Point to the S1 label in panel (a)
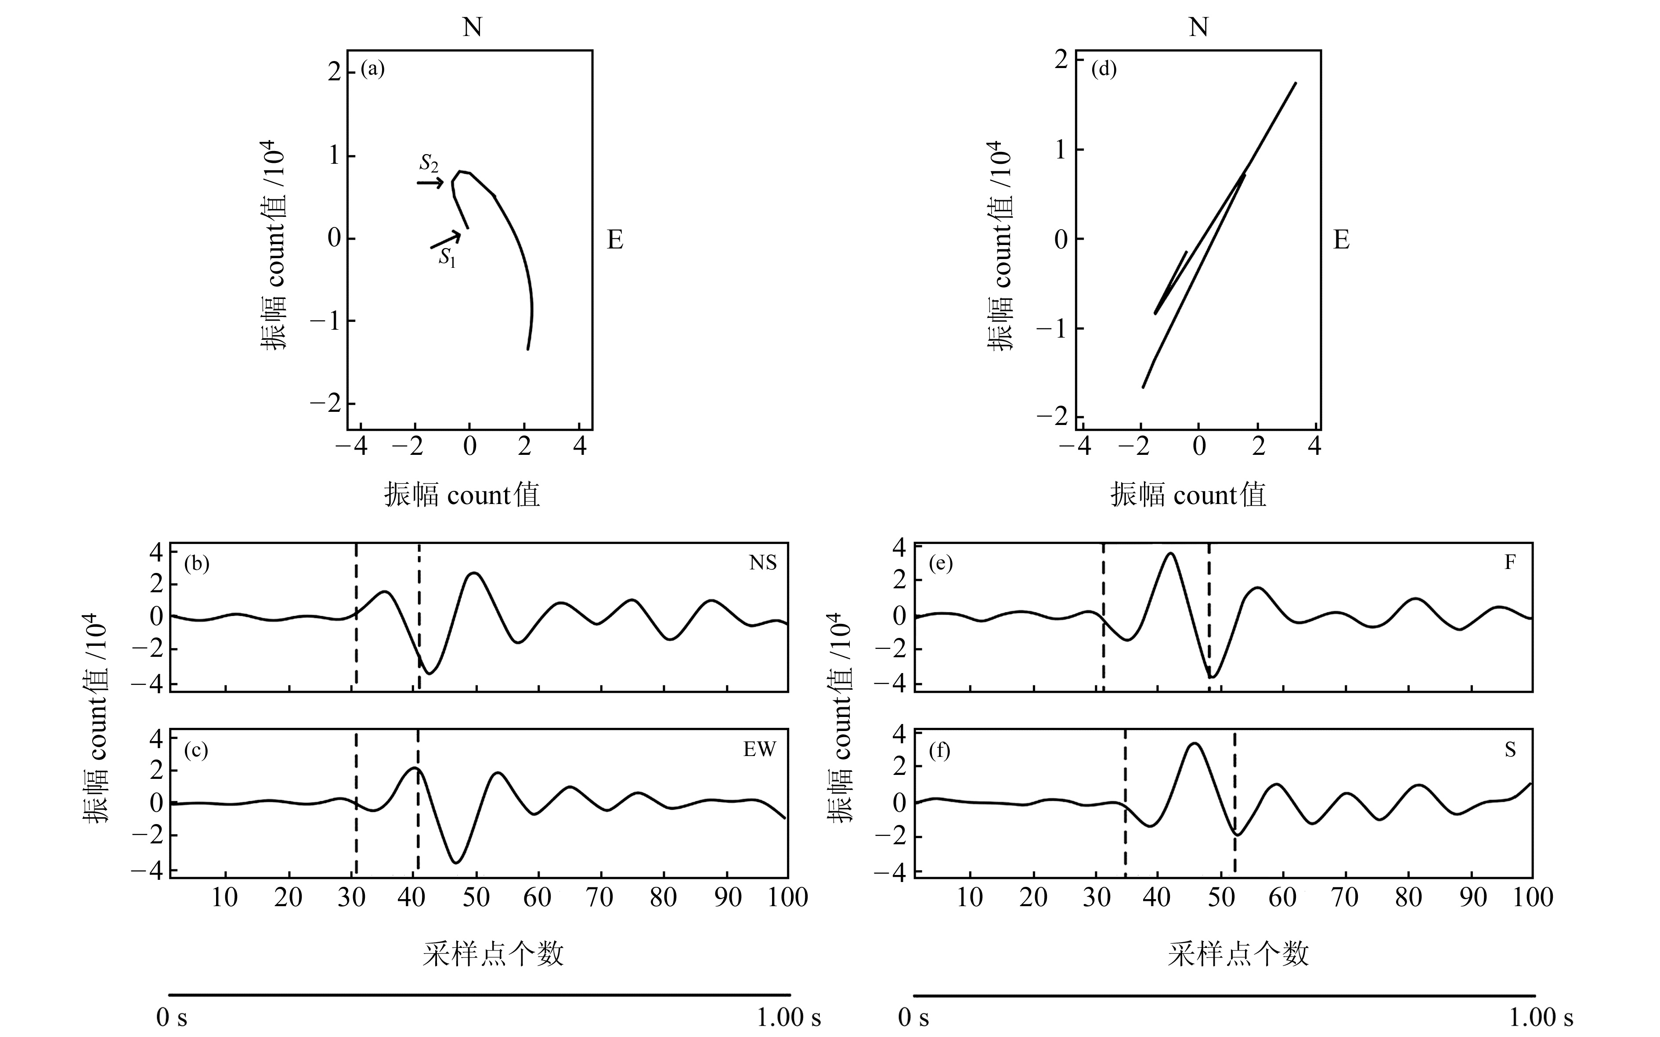pyautogui.click(x=447, y=258)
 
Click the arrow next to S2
pyautogui.click(x=430, y=183)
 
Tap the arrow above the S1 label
pyautogui.click(x=445, y=240)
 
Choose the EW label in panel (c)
pyautogui.click(x=759, y=749)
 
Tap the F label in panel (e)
pyautogui.click(x=1510, y=562)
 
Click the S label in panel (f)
pyautogui.click(x=1510, y=749)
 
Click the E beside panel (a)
pyautogui.click(x=615, y=240)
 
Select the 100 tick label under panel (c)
pyautogui.click(x=787, y=897)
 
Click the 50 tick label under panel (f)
pyautogui.click(x=1221, y=897)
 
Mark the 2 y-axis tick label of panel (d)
pyautogui.click(x=1061, y=60)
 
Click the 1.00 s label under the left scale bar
pyautogui.click(x=789, y=1017)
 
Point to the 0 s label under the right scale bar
pyautogui.click(x=914, y=1017)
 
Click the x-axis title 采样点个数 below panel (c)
pyautogui.click(x=493, y=953)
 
